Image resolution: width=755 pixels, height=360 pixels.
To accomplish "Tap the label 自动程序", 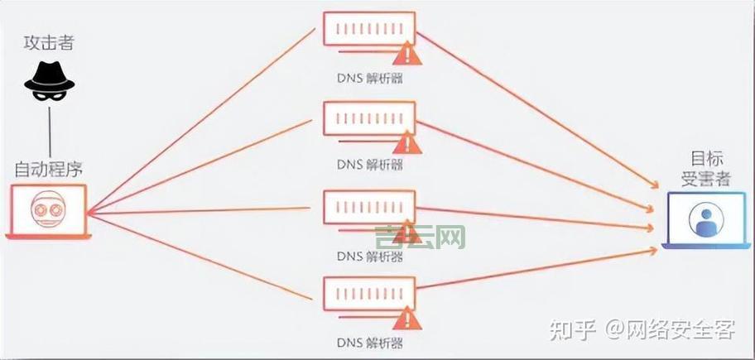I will pos(49,170).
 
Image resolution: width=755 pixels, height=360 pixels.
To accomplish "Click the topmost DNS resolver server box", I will pos(368,32).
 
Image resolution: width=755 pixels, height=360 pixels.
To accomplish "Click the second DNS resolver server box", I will pos(368,119).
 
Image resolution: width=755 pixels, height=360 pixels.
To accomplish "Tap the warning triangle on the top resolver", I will pos(406,55).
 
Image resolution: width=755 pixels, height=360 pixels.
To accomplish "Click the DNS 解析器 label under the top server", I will pos(370,78).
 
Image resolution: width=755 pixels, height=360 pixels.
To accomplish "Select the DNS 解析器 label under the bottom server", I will pos(370,342).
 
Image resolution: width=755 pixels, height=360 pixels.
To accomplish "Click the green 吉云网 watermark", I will pos(420,238).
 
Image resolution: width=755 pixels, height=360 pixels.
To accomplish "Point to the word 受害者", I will pos(706,179).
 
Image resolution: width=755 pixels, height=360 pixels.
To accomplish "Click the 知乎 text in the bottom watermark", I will pos(572,330).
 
